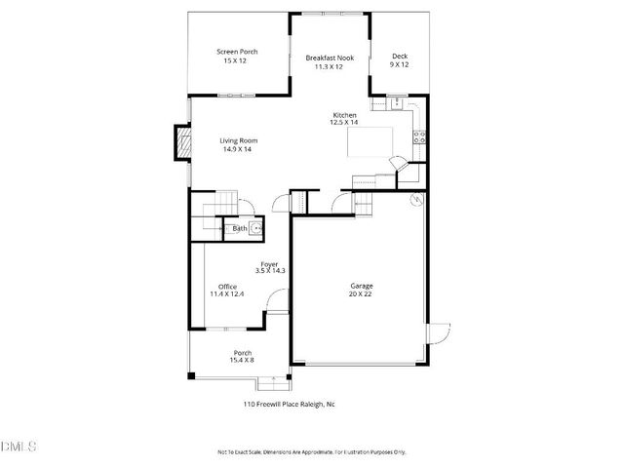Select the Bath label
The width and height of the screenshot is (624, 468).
[239, 230]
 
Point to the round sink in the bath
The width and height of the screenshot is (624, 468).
[255, 229]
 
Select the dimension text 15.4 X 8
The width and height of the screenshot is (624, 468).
[243, 361]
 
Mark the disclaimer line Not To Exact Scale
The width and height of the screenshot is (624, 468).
[311, 452]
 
